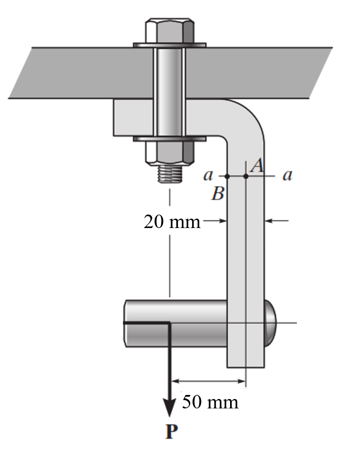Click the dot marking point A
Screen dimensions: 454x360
point(246,176)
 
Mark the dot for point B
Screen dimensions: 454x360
point(227,176)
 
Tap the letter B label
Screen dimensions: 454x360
point(217,194)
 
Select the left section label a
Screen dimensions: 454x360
point(208,176)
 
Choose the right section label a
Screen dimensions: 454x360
point(288,176)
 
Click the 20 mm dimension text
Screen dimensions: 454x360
point(172,222)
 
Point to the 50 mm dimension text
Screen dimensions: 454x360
point(209,402)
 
